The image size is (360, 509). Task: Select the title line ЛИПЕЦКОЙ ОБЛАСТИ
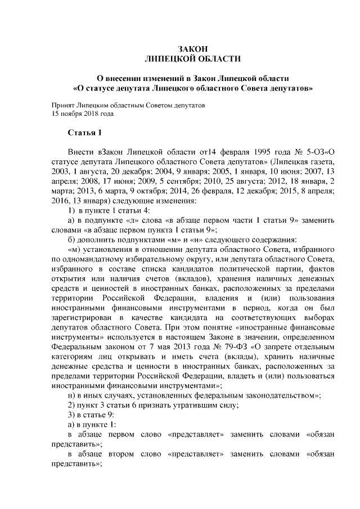click(x=193, y=57)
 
